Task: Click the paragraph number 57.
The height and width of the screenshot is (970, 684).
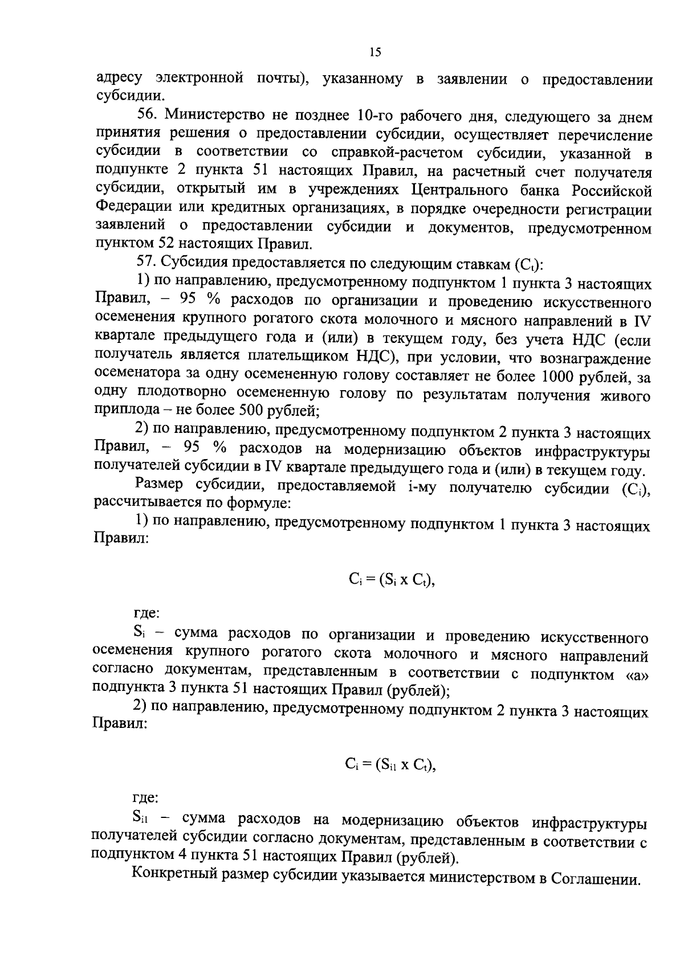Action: click(x=146, y=264)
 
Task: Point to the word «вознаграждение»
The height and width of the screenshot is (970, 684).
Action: click(x=598, y=358)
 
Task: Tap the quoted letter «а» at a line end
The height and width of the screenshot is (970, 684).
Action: click(x=637, y=674)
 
